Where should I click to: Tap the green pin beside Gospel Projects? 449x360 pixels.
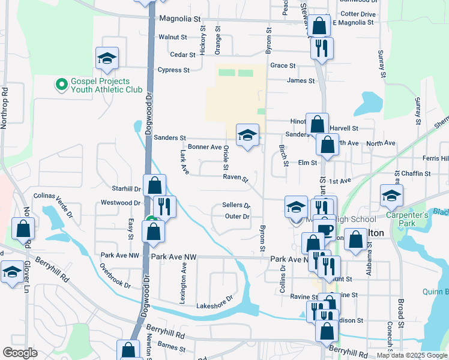[61, 85]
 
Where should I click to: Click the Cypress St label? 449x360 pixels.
[173, 70]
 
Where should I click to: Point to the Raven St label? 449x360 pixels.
[235, 178]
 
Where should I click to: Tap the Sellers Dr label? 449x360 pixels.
[236, 205]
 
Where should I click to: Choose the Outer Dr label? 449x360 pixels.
[238, 217]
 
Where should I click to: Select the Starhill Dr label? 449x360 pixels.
[129, 188]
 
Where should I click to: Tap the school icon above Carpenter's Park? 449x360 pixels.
[391, 195]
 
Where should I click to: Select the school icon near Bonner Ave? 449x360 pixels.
[247, 135]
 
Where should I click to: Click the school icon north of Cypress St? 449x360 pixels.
[106, 58]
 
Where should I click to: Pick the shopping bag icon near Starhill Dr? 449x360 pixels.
[155, 184]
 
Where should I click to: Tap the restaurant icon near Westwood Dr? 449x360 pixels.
[164, 207]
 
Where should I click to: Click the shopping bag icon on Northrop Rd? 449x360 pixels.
[23, 228]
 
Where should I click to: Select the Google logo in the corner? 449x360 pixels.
[20, 353]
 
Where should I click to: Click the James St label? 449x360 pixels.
[301, 81]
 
